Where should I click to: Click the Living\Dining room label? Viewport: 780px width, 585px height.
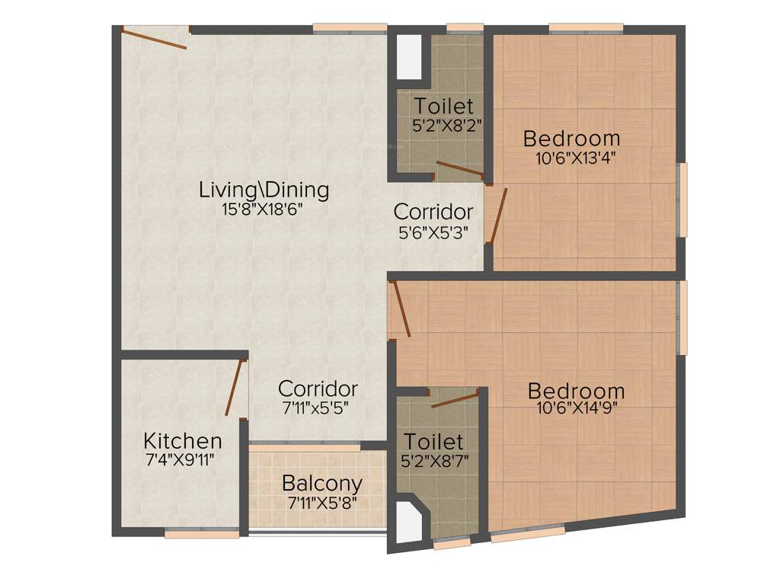point(264,190)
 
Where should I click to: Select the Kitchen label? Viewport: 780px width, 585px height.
point(183,441)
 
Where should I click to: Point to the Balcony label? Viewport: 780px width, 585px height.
point(321,483)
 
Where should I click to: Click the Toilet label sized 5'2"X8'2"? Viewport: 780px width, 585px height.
point(443,106)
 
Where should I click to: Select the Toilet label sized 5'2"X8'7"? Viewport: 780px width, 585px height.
point(433,441)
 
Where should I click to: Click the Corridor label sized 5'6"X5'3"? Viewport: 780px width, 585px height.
point(433,211)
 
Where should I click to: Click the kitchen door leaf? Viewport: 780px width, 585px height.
point(234,387)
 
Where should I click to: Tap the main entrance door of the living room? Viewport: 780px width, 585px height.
point(155,38)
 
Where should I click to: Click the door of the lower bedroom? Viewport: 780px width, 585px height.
point(400,309)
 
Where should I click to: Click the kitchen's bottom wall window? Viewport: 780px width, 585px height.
point(191,534)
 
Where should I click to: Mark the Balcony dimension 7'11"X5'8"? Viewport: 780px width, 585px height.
point(322,503)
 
